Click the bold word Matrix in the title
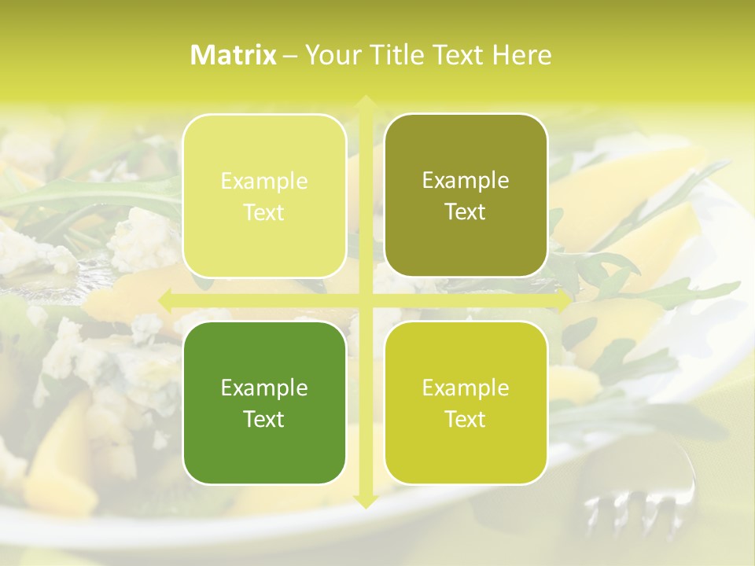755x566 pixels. pyautogui.click(x=234, y=55)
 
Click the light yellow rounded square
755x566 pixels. pyautogui.click(x=264, y=196)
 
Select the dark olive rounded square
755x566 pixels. pyautogui.click(x=466, y=196)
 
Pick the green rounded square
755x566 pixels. pyautogui.click(x=264, y=402)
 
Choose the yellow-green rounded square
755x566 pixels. pyautogui.click(x=466, y=402)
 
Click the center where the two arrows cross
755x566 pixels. pyautogui.click(x=365, y=300)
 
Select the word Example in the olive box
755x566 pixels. pyautogui.click(x=466, y=181)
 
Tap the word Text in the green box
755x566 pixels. pyautogui.click(x=264, y=419)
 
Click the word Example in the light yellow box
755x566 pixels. pyautogui.click(x=264, y=182)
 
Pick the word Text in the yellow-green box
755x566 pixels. pyautogui.click(x=466, y=419)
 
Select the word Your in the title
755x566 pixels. pyautogui.click(x=330, y=55)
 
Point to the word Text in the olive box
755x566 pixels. pyautogui.click(x=466, y=211)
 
